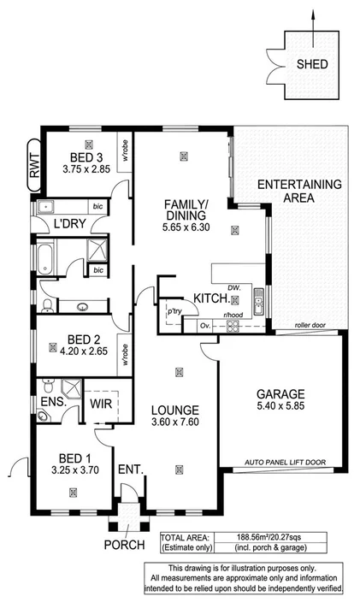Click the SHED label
pos(311,64)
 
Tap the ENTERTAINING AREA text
pos(298,191)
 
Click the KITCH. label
pos(210,298)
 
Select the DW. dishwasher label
pos(234,288)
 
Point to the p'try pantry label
pos(176,311)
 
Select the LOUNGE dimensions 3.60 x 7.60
pos(177,422)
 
